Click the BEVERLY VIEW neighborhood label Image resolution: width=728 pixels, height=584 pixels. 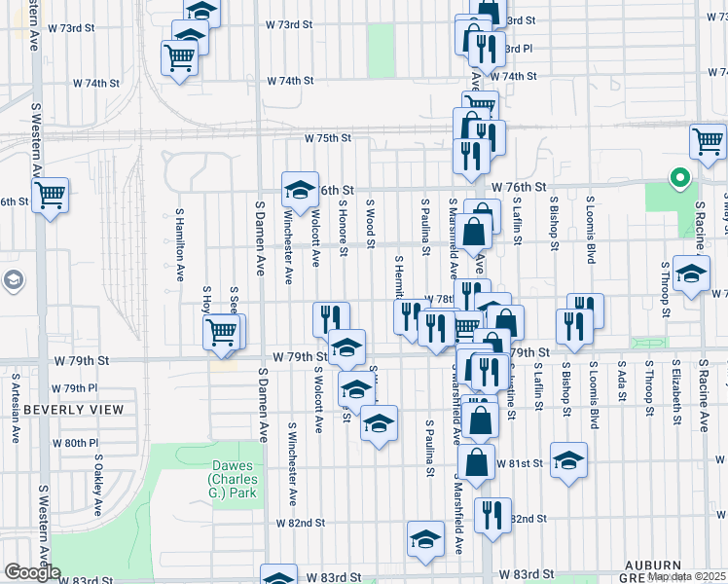click(x=60, y=410)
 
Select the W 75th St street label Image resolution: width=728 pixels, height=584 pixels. click(x=326, y=138)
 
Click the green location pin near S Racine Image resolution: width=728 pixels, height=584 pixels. click(x=680, y=179)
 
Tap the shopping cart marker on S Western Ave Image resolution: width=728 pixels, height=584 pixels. click(x=50, y=194)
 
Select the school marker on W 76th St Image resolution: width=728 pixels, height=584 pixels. click(x=300, y=187)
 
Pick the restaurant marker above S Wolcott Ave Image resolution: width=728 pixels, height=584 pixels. click(x=331, y=317)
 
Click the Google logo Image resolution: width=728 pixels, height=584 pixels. click(x=32, y=572)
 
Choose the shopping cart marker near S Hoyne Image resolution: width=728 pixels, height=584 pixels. click(x=222, y=331)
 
